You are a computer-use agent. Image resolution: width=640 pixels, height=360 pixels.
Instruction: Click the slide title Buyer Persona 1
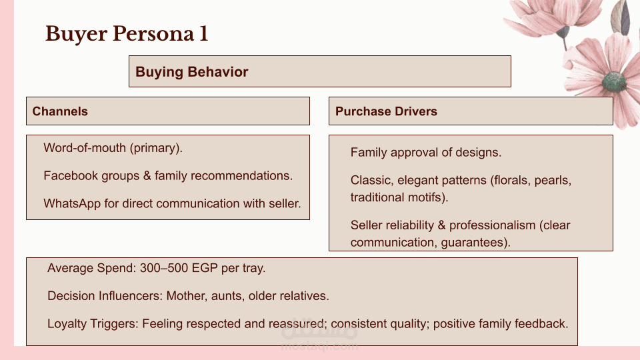pos(127,34)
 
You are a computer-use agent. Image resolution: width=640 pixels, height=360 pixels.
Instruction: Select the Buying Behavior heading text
pos(192,72)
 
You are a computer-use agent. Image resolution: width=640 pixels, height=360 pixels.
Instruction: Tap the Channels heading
pos(60,111)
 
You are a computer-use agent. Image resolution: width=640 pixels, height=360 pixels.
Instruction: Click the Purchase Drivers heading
pos(386,111)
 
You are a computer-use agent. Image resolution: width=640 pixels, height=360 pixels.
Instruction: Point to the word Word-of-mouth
pos(85,147)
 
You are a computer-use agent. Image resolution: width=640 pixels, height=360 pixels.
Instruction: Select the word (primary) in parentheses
pos(156,148)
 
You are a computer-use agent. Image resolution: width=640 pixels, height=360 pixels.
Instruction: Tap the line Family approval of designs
pos(426,152)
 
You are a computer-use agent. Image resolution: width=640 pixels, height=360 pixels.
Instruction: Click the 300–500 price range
pos(164,268)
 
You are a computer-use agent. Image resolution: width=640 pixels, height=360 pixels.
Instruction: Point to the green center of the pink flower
pos(613,81)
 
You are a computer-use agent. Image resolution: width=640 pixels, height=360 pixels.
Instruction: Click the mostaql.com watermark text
pos(319,347)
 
